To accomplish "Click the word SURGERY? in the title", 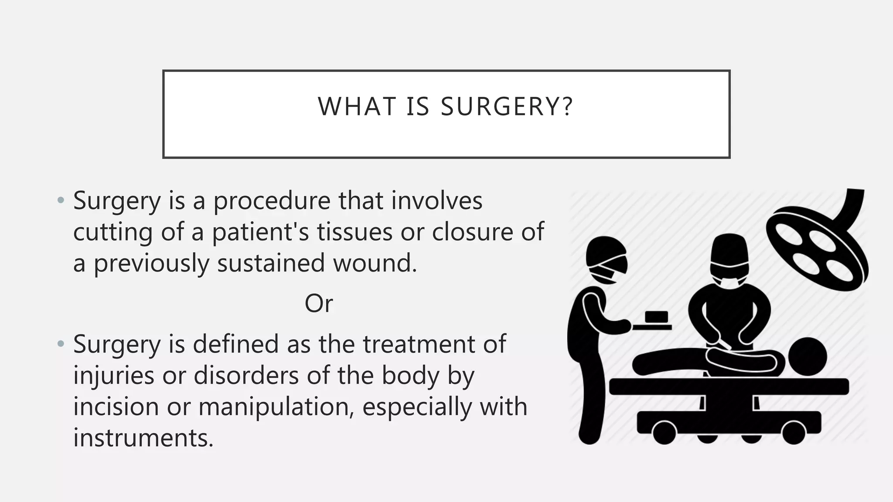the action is click(507, 106).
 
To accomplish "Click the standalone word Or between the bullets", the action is click(319, 303).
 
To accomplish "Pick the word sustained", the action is click(271, 263).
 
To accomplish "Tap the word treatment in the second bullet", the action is click(419, 344).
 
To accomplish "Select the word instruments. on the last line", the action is click(143, 438).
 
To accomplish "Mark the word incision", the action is click(116, 407).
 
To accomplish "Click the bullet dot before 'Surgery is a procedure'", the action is click(61, 201).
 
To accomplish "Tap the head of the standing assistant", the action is click(606, 260).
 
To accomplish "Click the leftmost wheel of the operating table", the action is click(665, 432).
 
